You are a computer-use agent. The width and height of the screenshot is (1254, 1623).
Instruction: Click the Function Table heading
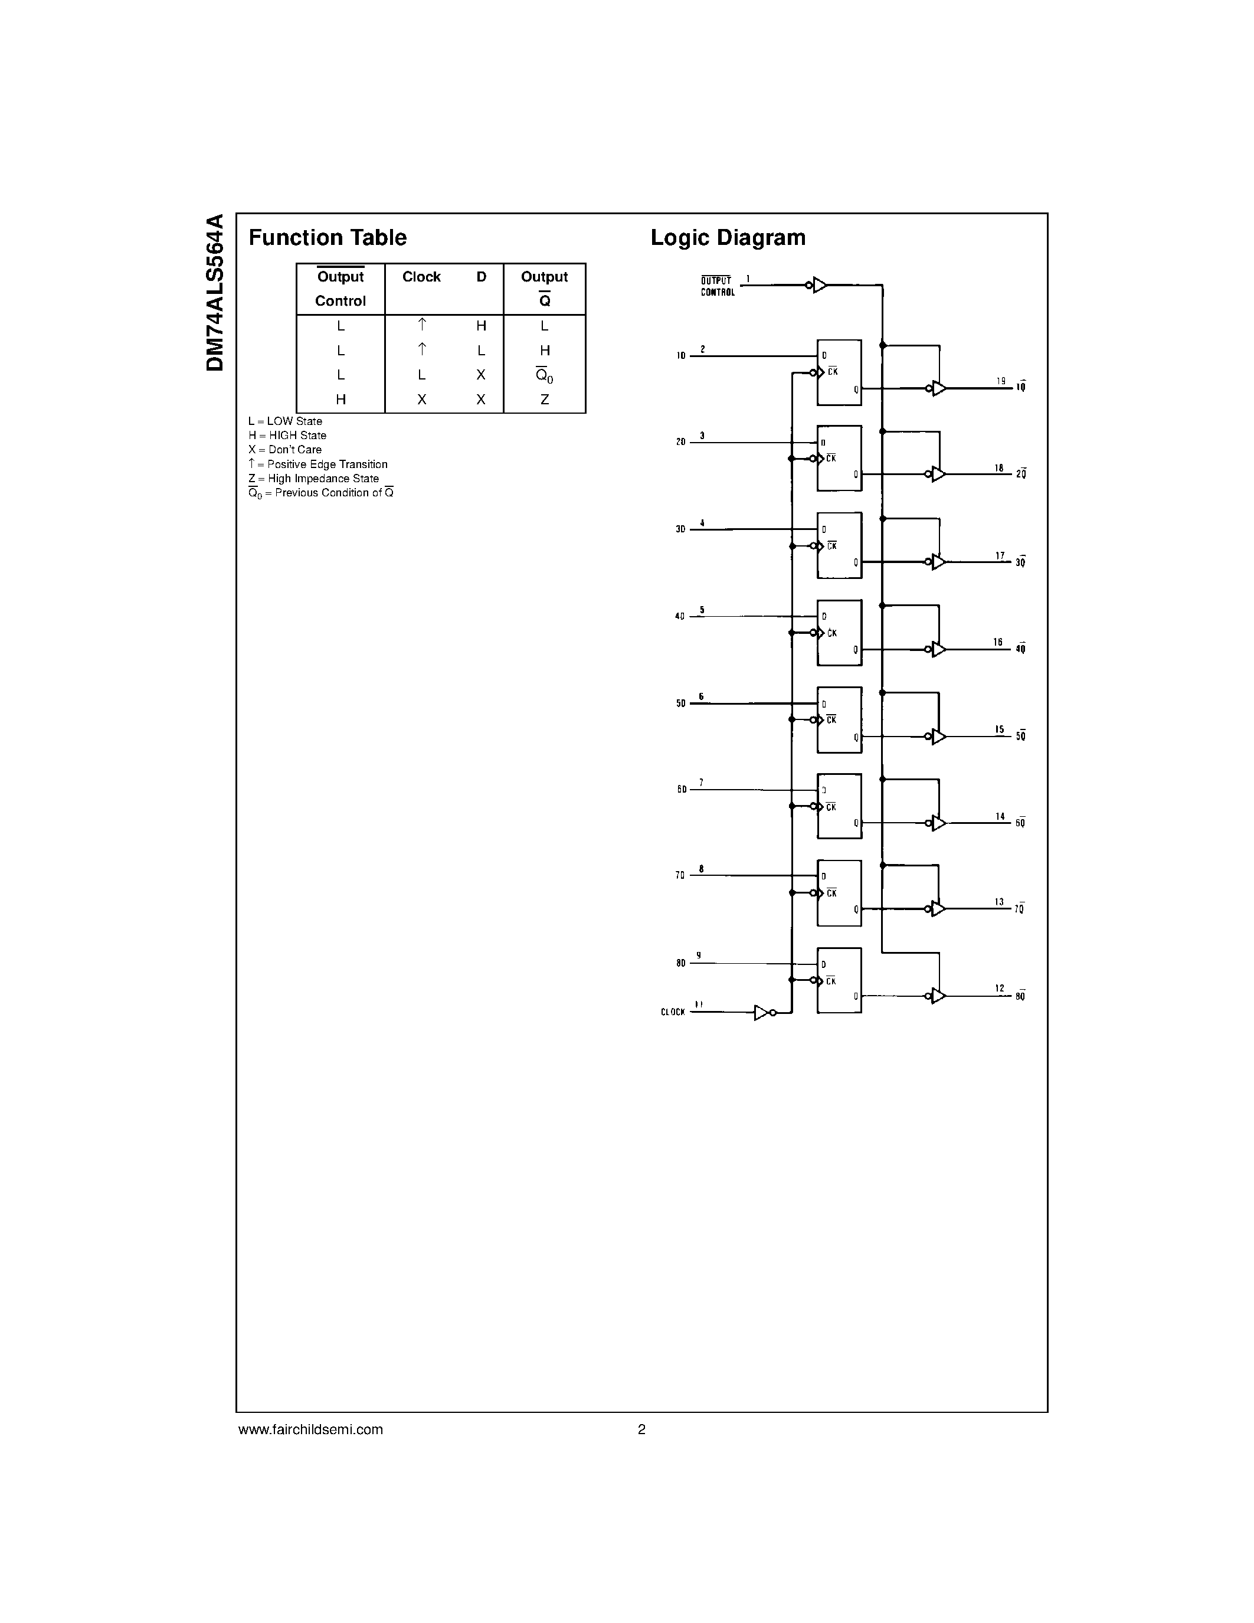click(328, 238)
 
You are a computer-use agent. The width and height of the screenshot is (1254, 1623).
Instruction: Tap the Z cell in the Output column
click(545, 400)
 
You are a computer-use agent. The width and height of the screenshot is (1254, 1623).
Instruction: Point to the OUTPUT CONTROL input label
click(718, 286)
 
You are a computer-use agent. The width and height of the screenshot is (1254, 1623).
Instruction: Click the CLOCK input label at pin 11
click(672, 1012)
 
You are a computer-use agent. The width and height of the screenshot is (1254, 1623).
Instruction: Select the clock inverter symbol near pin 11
click(763, 1012)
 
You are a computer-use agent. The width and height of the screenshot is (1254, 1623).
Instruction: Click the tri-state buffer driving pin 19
click(939, 388)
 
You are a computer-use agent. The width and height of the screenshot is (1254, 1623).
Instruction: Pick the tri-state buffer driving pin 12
click(939, 996)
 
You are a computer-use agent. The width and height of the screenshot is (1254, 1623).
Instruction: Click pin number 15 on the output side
click(1000, 729)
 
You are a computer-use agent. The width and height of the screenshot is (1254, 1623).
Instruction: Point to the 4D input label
click(680, 617)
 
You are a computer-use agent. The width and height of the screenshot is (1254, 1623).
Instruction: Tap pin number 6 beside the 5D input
click(700, 696)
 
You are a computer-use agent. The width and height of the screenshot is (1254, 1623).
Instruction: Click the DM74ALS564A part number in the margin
click(215, 293)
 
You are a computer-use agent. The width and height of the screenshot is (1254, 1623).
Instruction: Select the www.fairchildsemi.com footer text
click(310, 1429)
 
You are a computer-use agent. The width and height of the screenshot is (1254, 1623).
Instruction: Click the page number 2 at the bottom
click(642, 1429)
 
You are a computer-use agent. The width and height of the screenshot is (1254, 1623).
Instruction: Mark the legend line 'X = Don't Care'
click(285, 450)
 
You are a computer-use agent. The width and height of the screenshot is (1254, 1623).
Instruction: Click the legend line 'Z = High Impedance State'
click(313, 479)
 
